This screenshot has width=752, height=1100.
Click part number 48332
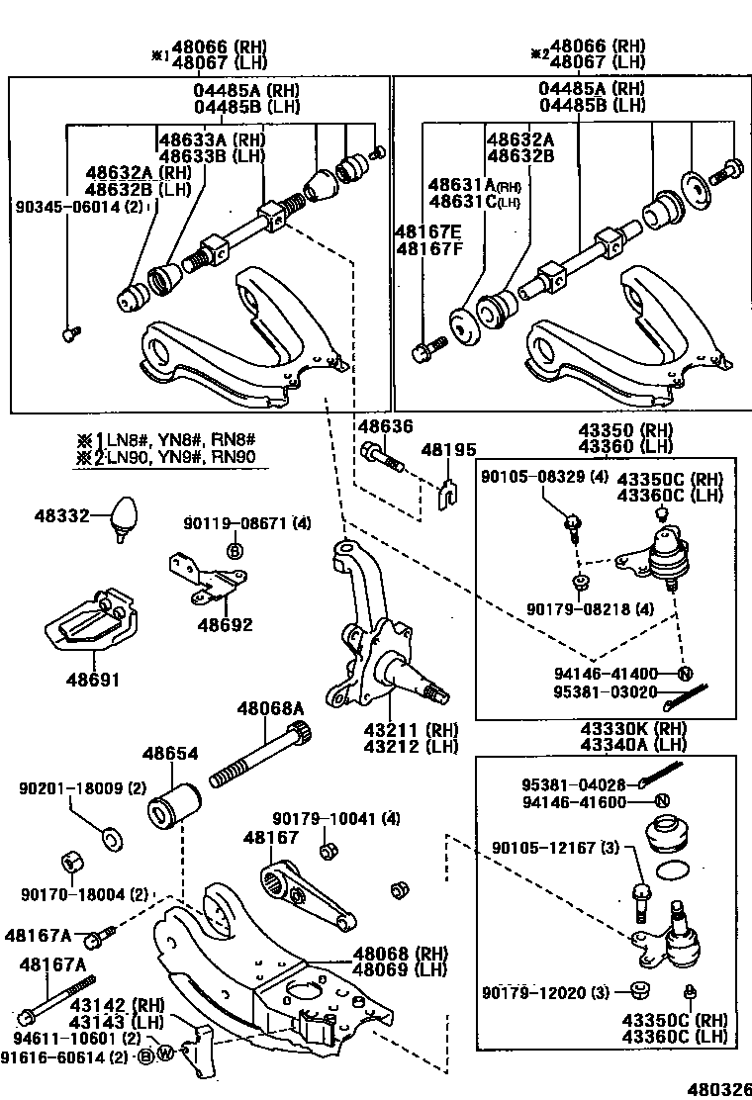pyautogui.click(x=62, y=515)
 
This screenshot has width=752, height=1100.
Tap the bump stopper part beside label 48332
pyautogui.click(x=124, y=516)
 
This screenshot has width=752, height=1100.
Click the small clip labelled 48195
pyautogui.click(x=447, y=490)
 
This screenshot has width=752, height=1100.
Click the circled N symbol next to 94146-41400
pyautogui.click(x=683, y=674)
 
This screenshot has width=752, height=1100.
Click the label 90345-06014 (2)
pyautogui.click(x=79, y=207)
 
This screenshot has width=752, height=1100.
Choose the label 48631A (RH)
pyautogui.click(x=474, y=185)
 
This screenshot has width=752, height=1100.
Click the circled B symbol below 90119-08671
pyautogui.click(x=235, y=549)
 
